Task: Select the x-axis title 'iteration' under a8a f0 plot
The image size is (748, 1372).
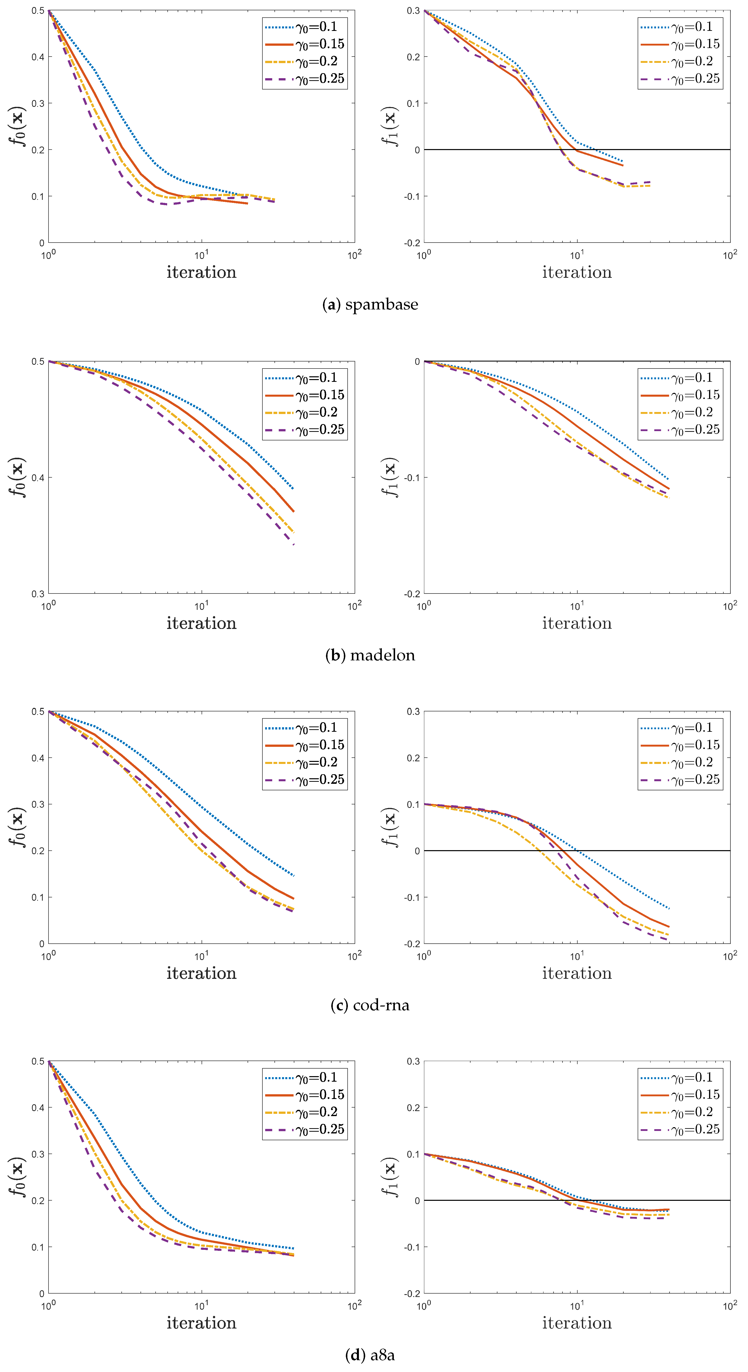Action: (201, 1323)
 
